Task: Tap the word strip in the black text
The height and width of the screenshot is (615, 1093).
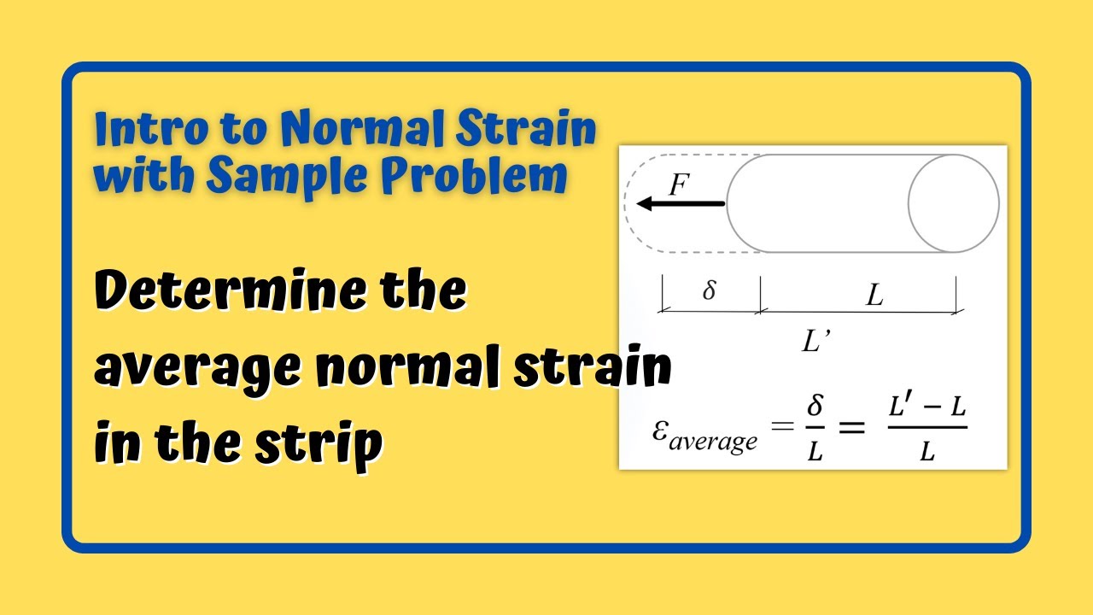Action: [328, 444]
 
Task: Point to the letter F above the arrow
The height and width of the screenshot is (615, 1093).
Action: [678, 184]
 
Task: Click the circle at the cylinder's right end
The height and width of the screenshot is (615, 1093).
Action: [953, 203]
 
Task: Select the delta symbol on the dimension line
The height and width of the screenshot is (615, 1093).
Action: [709, 291]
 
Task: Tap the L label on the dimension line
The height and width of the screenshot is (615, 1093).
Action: [874, 296]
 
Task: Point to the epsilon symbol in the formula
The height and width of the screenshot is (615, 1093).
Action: [660, 429]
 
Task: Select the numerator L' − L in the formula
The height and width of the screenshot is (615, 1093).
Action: [927, 408]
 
